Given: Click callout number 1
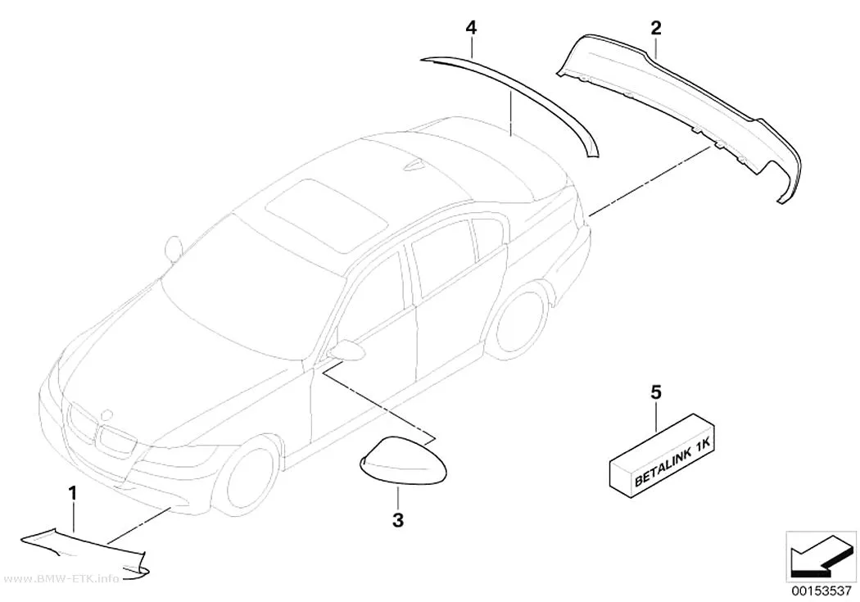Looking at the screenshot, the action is tap(72, 493).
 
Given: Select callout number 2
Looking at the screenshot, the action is tap(656, 28).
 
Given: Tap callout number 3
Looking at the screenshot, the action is tap(398, 519).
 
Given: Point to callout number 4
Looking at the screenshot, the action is tap(471, 28).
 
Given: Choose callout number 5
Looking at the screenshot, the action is tap(656, 392).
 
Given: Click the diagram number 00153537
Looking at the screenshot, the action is tap(821, 590).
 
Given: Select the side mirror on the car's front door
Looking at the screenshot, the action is tap(347, 350).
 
